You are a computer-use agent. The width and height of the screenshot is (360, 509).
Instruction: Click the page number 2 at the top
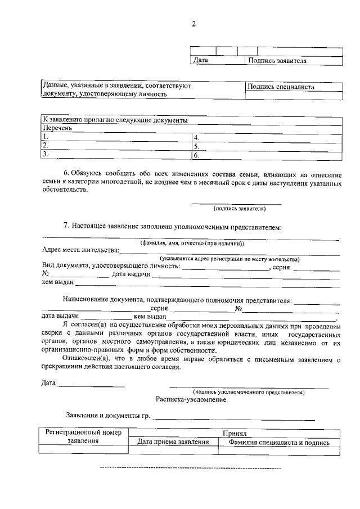[193, 24]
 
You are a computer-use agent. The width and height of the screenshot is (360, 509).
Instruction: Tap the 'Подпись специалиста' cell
[281, 87]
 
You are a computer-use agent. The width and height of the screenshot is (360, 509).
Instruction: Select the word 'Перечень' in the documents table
[58, 128]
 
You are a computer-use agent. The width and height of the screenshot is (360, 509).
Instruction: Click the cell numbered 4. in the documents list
[196, 137]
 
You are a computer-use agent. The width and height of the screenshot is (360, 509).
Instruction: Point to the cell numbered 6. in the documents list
[196, 155]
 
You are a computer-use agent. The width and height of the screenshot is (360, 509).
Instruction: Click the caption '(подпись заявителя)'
[239, 209]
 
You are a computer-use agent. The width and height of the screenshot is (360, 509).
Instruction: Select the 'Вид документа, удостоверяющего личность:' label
[111, 267]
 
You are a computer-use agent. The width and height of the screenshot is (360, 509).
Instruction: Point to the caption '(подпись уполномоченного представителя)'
[248, 391]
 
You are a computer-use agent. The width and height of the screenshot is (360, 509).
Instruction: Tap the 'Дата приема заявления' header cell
[174, 443]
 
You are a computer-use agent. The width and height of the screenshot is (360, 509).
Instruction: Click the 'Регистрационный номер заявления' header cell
[83, 437]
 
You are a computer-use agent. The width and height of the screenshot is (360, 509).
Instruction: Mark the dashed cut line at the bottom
[190, 467]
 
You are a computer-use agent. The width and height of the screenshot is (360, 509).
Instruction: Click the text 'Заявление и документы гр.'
[109, 416]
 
